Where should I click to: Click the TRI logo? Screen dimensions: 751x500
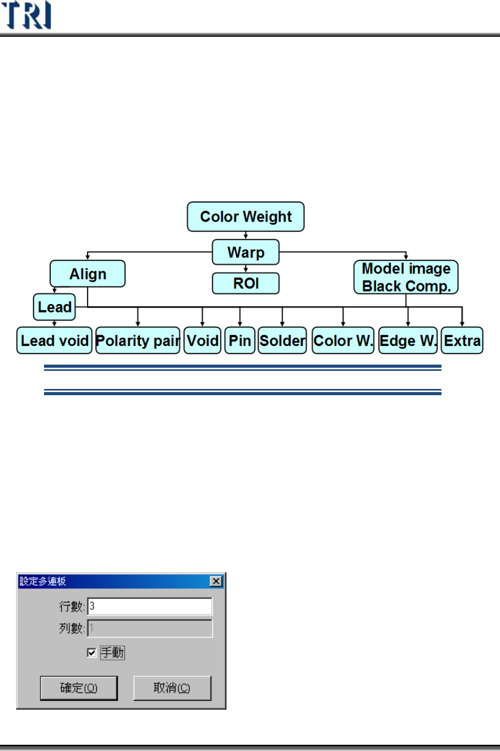click(26, 15)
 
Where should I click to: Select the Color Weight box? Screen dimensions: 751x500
click(246, 216)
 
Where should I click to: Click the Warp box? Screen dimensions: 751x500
click(246, 252)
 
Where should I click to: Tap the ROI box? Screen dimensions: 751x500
click(246, 283)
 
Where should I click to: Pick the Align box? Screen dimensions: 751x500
click(88, 273)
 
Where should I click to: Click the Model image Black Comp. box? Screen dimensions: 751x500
click(406, 277)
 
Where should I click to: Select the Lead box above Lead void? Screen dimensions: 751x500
click(54, 307)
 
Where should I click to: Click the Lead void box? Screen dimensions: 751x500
click(54, 340)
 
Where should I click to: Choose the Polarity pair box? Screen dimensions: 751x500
click(138, 340)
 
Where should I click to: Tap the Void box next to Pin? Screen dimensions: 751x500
click(203, 340)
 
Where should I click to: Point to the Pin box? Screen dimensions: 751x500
click(240, 340)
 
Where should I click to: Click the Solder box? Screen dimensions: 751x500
click(282, 340)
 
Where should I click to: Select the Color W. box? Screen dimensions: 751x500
click(343, 340)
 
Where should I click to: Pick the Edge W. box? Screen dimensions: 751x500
click(408, 340)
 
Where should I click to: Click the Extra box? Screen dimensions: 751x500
click(462, 340)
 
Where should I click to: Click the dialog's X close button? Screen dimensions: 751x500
click(216, 581)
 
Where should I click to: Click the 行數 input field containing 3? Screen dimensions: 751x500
click(150, 606)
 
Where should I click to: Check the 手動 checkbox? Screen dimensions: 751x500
click(92, 653)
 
